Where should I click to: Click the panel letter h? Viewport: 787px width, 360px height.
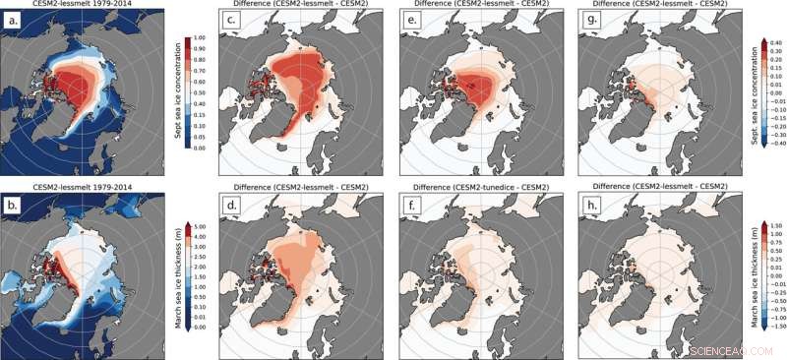(x=582, y=199)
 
